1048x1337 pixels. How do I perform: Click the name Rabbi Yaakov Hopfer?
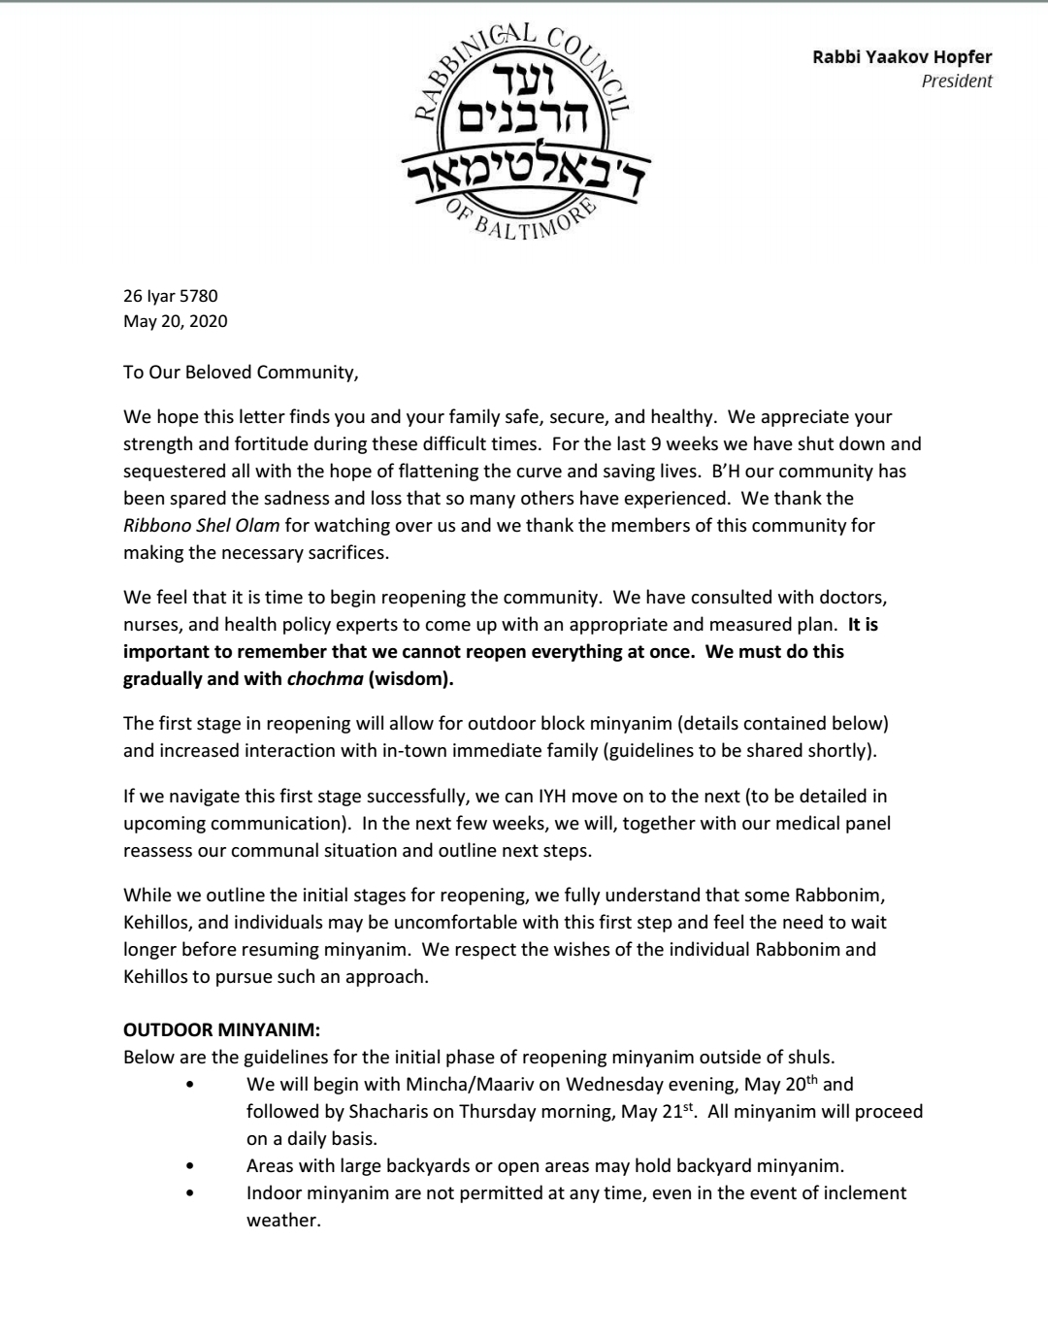pos(901,57)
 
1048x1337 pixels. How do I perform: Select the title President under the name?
pos(956,82)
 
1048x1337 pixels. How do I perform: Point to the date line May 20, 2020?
pos(176,321)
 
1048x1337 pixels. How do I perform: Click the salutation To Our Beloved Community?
pos(241,372)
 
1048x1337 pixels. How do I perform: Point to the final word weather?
pos(282,1220)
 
